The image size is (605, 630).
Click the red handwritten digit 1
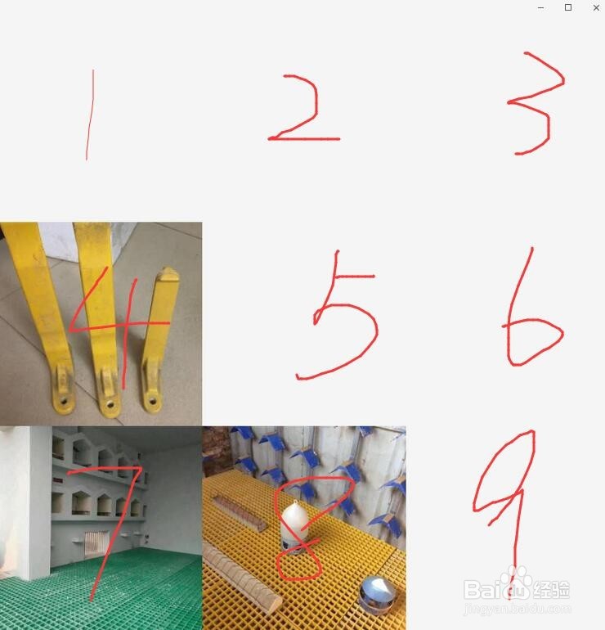point(89,115)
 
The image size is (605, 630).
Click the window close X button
point(596,7)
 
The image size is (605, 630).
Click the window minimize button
point(541,7)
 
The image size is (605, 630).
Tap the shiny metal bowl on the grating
point(379,594)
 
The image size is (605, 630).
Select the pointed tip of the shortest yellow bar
point(166,273)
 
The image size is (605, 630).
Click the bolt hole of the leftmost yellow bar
point(62,402)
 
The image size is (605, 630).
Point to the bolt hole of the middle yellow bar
point(107,403)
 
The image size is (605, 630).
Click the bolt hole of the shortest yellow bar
point(152,402)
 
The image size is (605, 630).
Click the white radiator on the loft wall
point(96,541)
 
